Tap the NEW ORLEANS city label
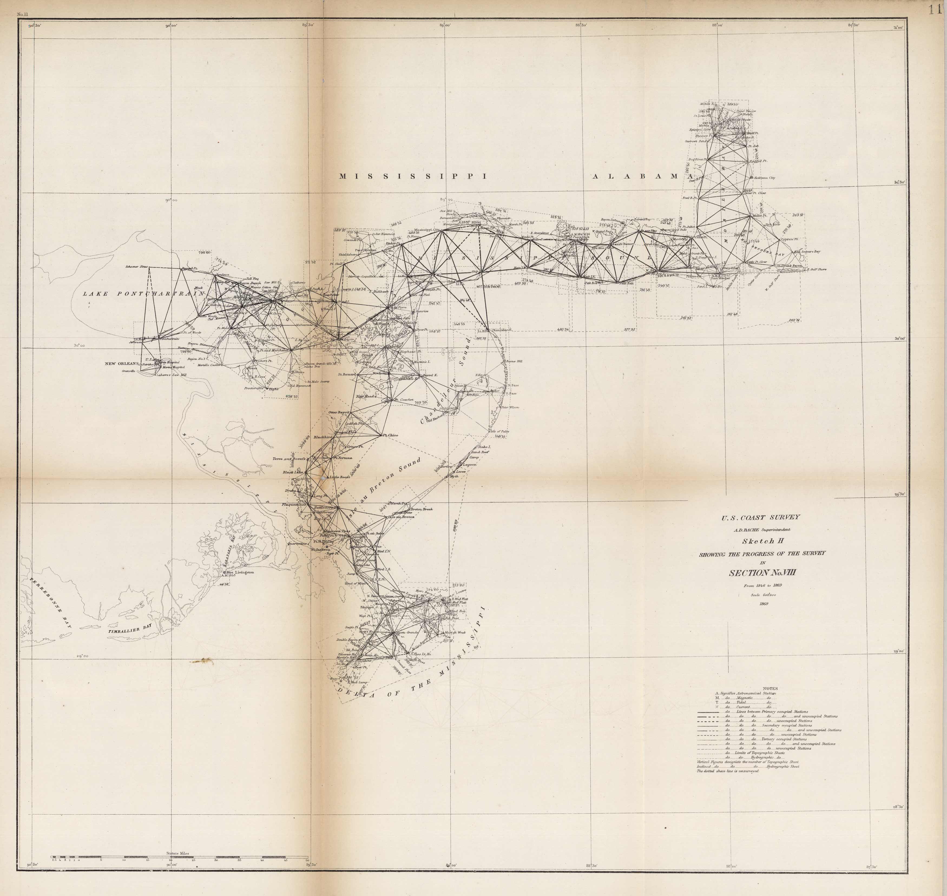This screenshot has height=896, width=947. (121, 364)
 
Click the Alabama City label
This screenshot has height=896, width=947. (764, 178)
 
